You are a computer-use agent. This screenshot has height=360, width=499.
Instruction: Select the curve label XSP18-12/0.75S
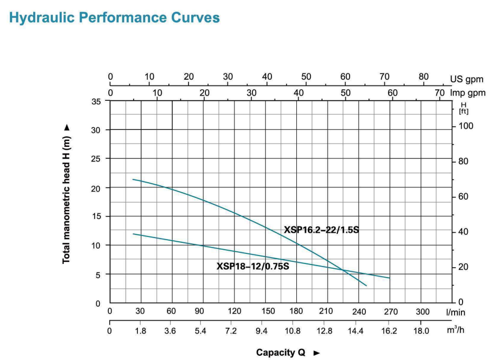point(252,266)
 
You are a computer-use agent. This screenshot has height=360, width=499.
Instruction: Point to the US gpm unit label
point(464,80)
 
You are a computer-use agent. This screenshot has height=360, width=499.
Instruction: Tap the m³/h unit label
point(455,330)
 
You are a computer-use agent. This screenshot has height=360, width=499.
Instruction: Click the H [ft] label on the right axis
point(465,108)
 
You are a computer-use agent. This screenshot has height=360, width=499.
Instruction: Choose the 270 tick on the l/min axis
point(391,311)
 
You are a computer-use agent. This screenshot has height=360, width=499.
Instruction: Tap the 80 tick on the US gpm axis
point(423,76)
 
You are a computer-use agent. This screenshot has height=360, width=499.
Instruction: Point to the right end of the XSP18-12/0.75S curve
point(390,278)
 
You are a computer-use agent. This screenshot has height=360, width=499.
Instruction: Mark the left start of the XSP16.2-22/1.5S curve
point(133,179)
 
